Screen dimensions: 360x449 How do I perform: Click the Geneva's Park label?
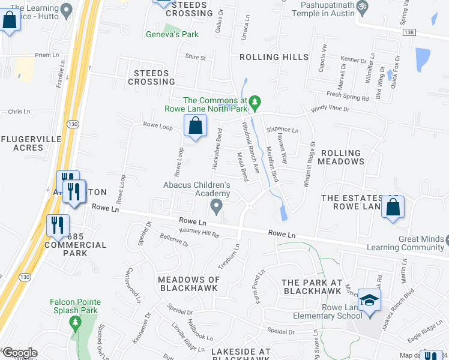172,35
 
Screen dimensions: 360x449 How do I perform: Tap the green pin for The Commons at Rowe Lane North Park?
255,103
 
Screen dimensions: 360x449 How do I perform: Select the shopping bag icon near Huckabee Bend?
195,127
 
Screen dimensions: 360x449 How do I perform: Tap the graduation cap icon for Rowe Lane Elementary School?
369,299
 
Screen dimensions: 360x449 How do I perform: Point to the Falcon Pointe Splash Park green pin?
76,324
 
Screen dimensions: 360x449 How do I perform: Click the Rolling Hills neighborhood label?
274,58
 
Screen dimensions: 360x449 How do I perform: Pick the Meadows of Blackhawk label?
188,284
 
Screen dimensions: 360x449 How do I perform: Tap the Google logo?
20,353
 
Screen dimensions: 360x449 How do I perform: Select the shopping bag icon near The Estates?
393,207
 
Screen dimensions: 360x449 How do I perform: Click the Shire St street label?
195,58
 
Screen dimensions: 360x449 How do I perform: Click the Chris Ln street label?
19,112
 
